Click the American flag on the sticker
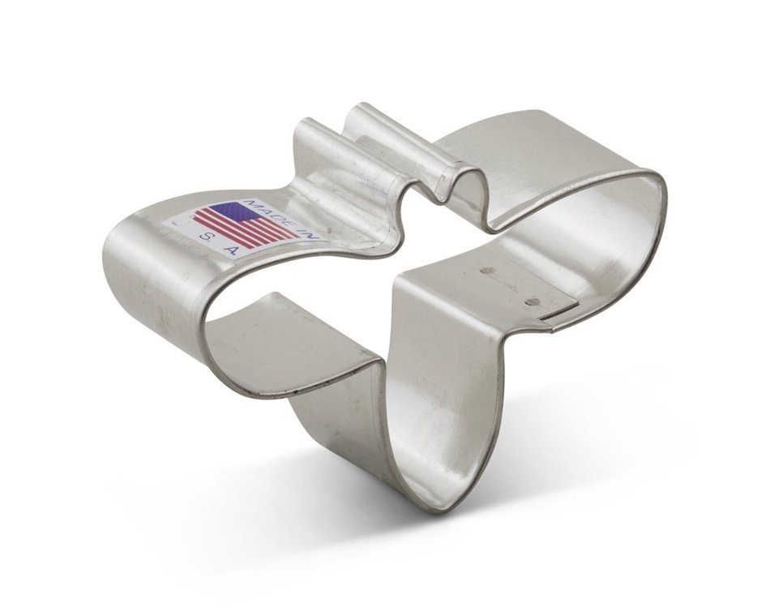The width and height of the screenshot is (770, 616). pos(244,224)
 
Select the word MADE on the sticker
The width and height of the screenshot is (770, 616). pos(264,207)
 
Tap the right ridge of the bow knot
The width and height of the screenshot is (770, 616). pos(369,122)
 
